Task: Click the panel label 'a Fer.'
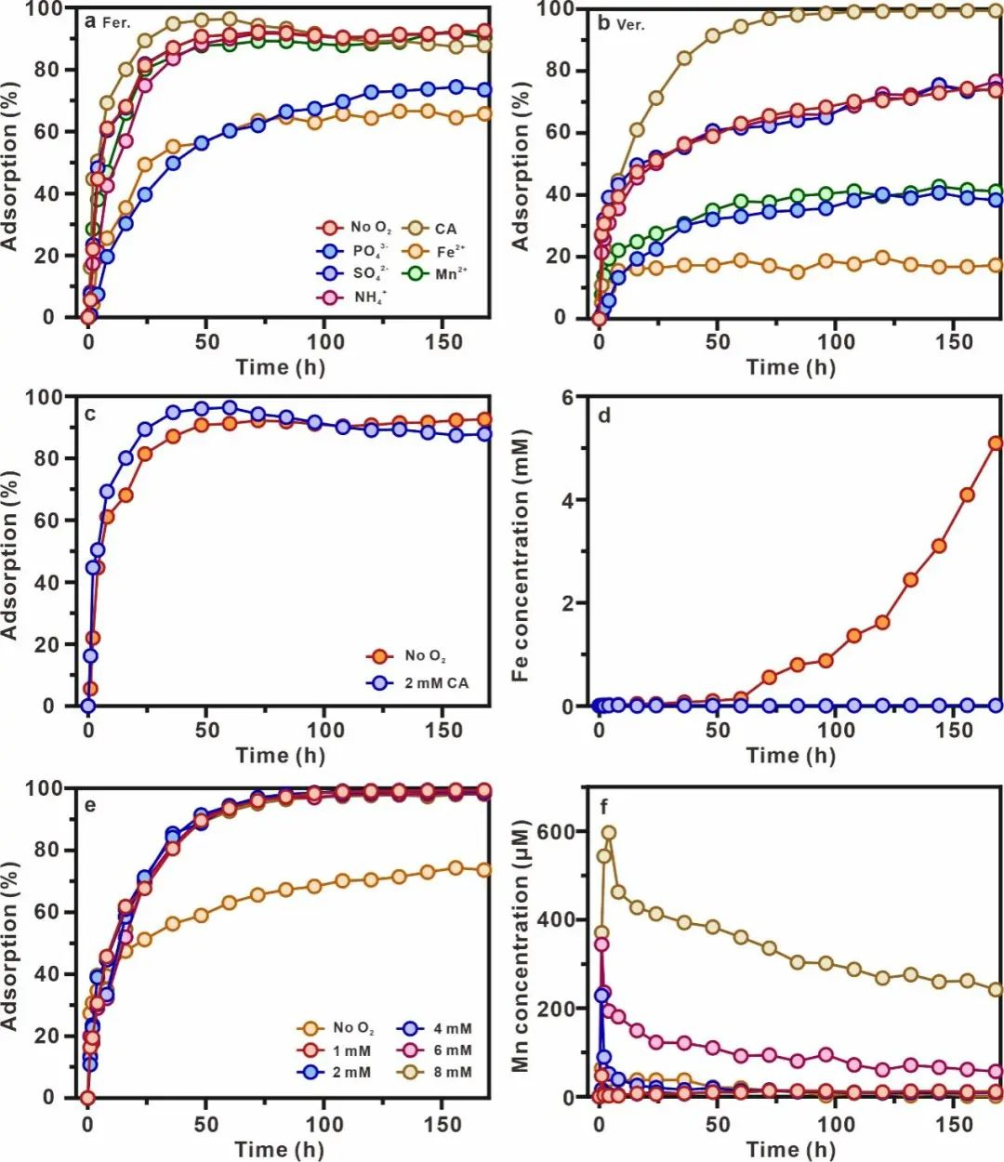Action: (x=108, y=20)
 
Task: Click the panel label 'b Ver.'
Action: (x=621, y=23)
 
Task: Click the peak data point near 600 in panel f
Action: (x=609, y=833)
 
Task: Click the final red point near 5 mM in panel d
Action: (x=996, y=443)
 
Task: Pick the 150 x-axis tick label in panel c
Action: (x=443, y=731)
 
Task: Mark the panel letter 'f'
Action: (x=605, y=804)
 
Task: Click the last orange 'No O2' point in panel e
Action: (x=483, y=871)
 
